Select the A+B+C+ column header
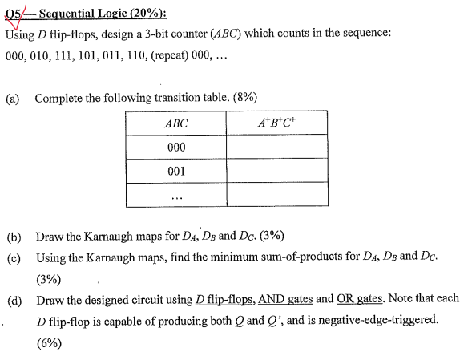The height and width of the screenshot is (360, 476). pos(276,123)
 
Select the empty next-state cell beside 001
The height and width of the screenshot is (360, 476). pos(276,171)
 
